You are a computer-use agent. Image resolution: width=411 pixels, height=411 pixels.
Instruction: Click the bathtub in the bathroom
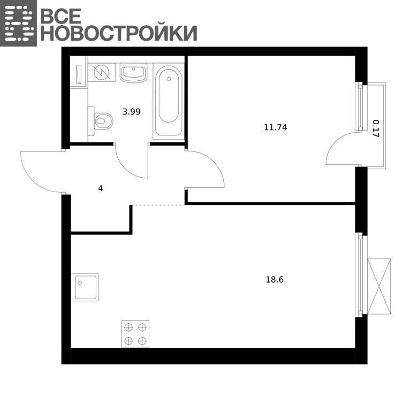tap(169, 101)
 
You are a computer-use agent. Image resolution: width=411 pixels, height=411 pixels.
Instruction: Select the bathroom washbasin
tap(133, 73)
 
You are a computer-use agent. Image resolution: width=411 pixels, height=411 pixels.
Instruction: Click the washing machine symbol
tap(102, 72)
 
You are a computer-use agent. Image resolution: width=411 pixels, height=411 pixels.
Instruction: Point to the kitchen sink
tap(85, 287)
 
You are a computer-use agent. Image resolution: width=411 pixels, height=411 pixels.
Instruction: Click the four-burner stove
tap(135, 334)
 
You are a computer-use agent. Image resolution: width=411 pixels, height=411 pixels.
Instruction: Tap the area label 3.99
tap(132, 112)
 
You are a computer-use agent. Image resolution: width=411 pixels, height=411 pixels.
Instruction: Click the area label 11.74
tap(276, 128)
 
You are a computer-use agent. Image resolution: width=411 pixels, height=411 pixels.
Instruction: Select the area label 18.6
tap(275, 280)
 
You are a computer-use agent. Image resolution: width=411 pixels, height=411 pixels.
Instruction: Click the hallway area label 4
tap(101, 188)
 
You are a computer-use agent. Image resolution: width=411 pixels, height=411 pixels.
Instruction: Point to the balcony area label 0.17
tap(376, 128)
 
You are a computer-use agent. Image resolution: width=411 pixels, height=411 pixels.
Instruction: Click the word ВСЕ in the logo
tap(62, 16)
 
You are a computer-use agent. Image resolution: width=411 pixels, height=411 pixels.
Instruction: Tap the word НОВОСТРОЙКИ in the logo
tap(119, 33)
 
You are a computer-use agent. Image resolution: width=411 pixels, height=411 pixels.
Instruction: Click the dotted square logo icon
tap(18, 23)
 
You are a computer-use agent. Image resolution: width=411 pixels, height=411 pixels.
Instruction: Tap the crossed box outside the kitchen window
tap(379, 286)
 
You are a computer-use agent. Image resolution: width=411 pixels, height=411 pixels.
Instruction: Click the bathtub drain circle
tap(169, 79)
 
